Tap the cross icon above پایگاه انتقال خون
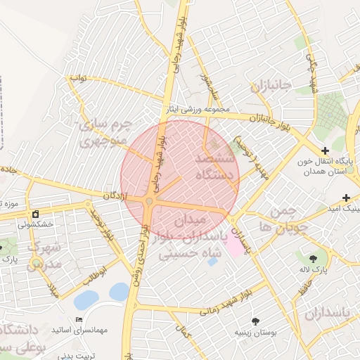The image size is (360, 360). point(325,150)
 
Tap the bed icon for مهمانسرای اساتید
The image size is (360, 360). point(78,320)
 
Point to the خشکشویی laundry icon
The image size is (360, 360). point(35,214)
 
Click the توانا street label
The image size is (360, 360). point(77,78)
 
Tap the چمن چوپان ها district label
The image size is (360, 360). point(274,219)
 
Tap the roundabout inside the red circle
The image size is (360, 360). point(150,203)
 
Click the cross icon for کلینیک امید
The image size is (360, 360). point(345,198)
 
